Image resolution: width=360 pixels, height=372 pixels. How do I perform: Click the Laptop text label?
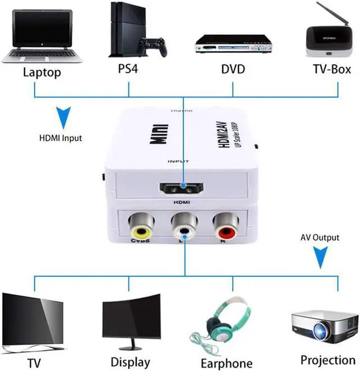click(41, 72)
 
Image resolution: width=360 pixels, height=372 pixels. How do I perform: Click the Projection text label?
click(327, 359)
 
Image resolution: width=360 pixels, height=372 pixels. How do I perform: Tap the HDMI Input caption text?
click(60, 137)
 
